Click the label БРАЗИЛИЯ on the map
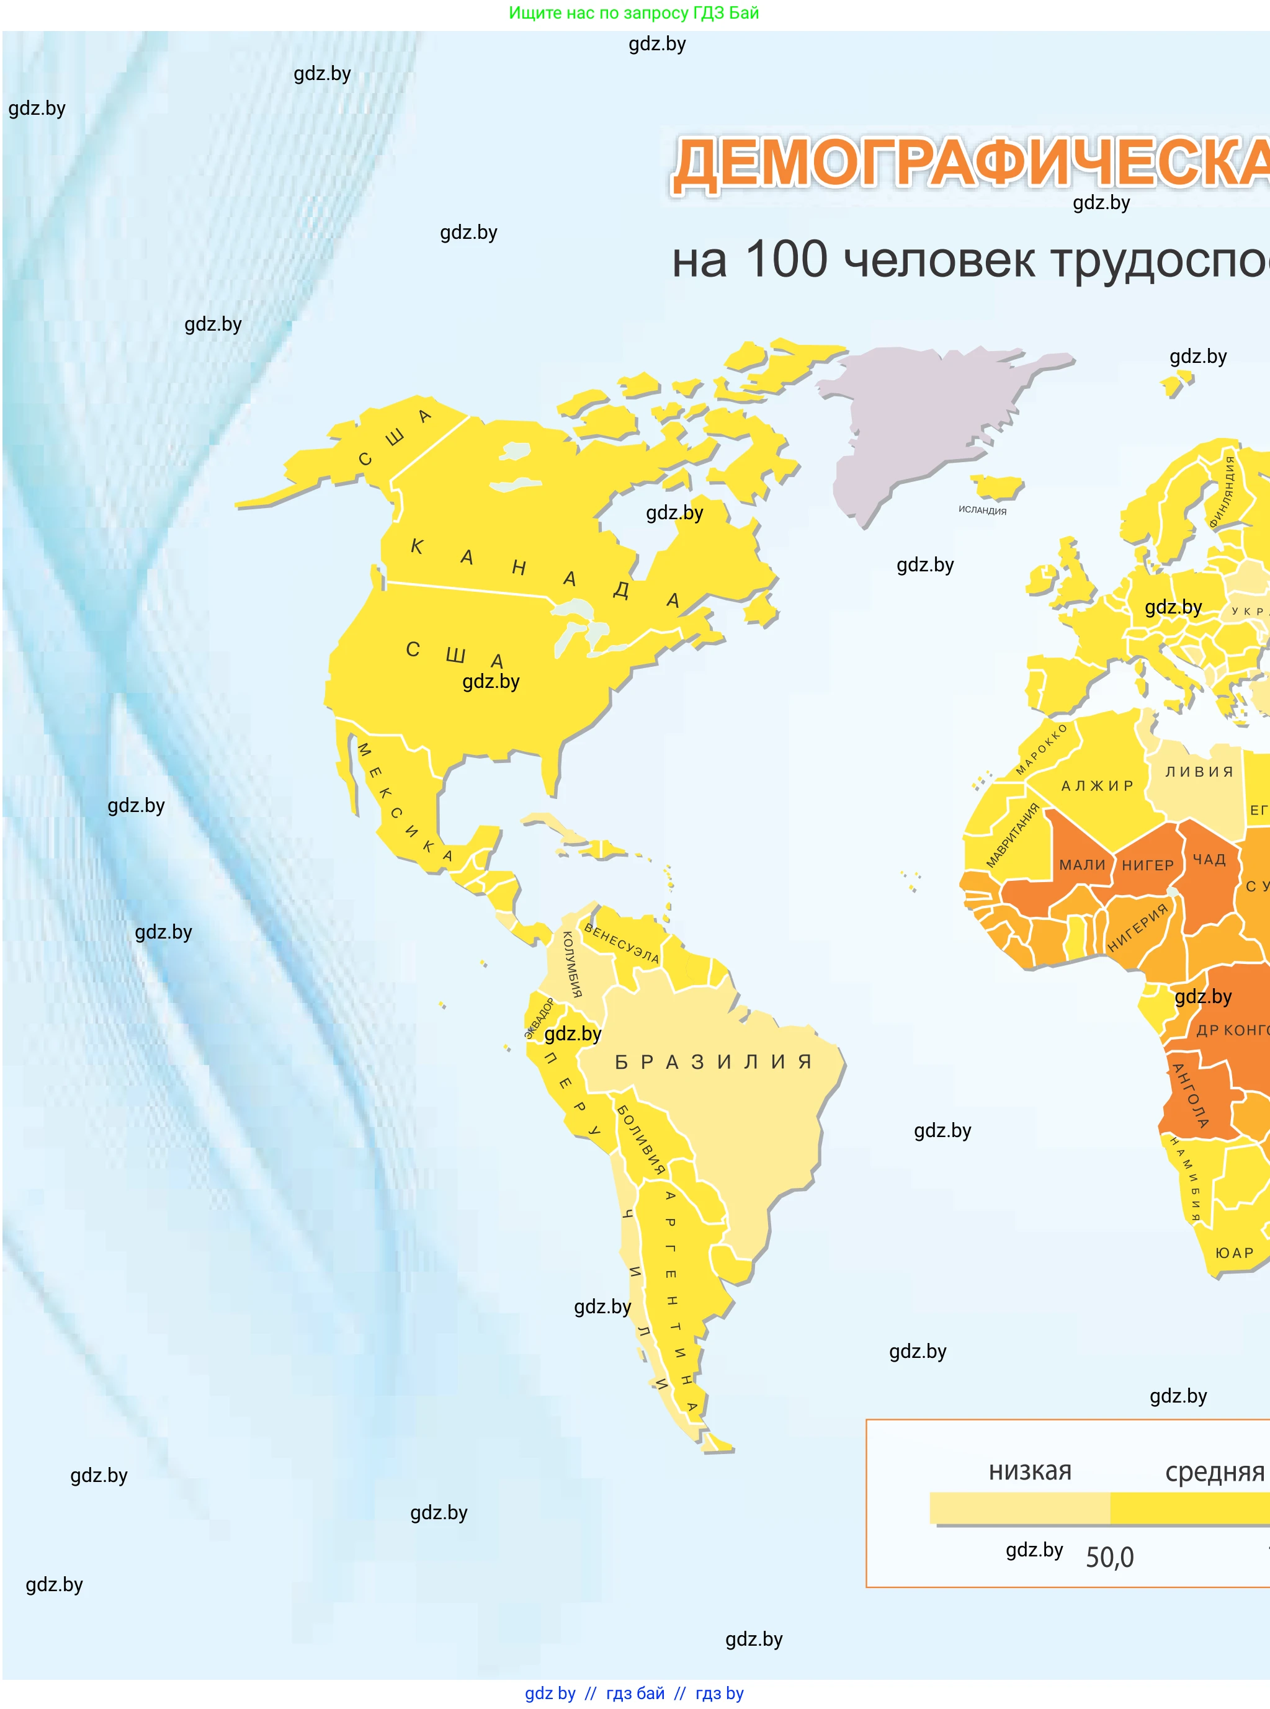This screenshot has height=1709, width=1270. tap(713, 1062)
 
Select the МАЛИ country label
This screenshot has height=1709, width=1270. tap(1081, 865)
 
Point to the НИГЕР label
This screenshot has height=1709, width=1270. tap(1147, 865)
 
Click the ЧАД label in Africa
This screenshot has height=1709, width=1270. tap(1209, 859)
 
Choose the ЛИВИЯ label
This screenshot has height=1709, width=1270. tap(1199, 772)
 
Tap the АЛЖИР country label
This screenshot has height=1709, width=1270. tap(1097, 785)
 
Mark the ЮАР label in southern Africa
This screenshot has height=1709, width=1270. tap(1234, 1253)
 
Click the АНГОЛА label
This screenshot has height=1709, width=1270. tap(1189, 1095)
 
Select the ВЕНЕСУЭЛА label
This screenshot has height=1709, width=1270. tap(621, 944)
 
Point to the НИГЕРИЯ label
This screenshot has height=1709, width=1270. tap(1137, 928)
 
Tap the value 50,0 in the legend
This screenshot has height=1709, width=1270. tap(1109, 1558)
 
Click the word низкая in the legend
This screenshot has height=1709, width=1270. tap(1029, 1471)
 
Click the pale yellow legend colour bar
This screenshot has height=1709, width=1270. tap(1019, 1507)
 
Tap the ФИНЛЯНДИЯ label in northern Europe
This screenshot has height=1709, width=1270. tap(1222, 492)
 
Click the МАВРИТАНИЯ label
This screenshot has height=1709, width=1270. tap(1013, 836)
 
